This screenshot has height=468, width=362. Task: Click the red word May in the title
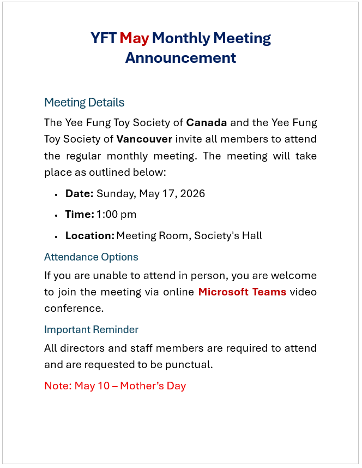134,38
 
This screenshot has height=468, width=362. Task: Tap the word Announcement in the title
180,57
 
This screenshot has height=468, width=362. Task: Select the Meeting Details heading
84,102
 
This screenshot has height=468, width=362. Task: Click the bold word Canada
207,122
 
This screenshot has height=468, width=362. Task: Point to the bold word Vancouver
144,139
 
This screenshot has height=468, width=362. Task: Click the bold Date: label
80,193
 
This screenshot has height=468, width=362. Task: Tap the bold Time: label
80,215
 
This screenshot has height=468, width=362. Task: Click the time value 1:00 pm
116,215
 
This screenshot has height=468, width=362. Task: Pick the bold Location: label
90,236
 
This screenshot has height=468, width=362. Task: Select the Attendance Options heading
91,257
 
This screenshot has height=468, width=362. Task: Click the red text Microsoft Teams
242,292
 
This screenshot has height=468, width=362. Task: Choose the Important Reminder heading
91,329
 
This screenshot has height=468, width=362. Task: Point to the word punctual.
190,364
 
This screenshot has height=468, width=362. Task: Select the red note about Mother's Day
115,386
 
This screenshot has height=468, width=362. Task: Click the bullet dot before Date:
56,194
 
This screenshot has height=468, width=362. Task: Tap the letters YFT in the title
103,38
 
